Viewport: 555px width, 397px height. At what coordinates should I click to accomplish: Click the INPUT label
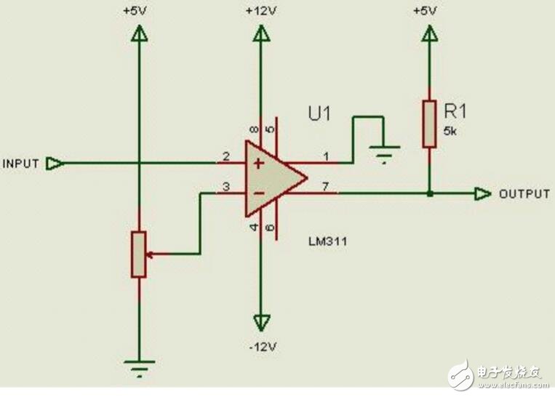coord(21,164)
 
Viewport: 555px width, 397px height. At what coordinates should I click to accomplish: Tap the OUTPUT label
coord(524,194)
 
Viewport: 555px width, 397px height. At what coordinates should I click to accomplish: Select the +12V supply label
coord(260,12)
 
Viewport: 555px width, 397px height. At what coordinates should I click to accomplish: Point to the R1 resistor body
coord(429,124)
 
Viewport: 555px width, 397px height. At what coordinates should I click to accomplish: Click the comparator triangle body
coord(271,178)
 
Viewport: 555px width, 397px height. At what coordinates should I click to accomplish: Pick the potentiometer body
coord(138,254)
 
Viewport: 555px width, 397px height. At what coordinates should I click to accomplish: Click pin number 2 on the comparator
coord(226,156)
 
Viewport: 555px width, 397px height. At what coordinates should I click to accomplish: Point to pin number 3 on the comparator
coord(226,188)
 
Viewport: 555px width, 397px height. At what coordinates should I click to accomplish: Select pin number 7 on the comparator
coord(325,187)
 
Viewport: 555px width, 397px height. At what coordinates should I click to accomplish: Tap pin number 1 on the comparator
coord(325,156)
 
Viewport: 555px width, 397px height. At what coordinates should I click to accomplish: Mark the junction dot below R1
coord(429,194)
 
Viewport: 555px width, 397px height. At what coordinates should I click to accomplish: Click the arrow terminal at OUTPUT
coord(482,194)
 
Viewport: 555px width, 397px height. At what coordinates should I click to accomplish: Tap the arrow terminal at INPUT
coord(53,164)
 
